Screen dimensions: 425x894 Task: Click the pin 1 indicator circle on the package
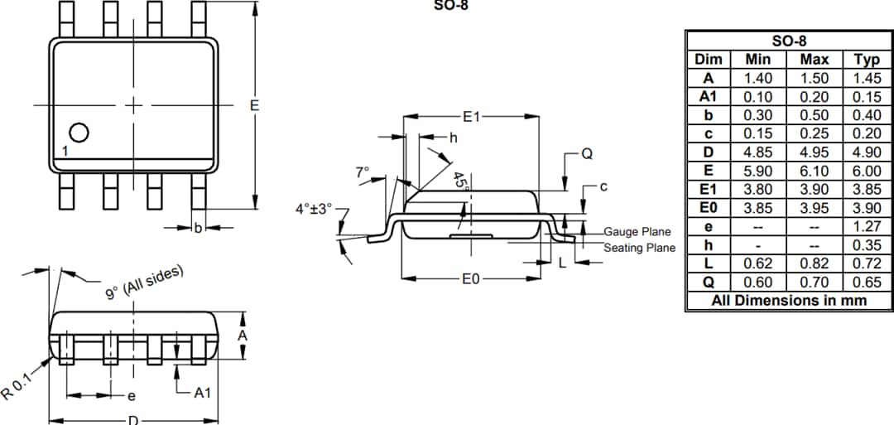(78, 133)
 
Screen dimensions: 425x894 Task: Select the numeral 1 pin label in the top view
(65, 152)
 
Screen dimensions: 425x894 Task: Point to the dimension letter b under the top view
(197, 228)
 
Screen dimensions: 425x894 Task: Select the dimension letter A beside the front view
(243, 336)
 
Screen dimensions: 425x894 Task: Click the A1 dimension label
(202, 393)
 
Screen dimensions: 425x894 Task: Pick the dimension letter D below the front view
(132, 420)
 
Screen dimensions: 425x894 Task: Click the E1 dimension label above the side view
(470, 118)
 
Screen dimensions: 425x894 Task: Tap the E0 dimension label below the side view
(470, 279)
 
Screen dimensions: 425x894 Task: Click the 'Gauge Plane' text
(637, 232)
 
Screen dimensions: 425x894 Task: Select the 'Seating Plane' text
(639, 248)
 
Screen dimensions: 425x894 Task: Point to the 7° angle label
(362, 172)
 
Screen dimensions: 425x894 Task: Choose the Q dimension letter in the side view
(586, 154)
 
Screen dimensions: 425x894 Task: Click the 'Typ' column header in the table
(867, 60)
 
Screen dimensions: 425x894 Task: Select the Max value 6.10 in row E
(814, 171)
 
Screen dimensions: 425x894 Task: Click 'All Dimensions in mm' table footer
(789, 301)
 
